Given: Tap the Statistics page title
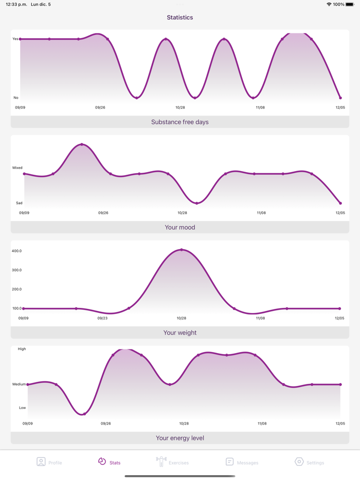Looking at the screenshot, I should tap(180, 17).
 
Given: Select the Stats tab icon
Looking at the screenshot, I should tap(102, 461).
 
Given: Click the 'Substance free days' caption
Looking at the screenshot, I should tap(180, 122).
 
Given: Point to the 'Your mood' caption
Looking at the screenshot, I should tap(180, 227).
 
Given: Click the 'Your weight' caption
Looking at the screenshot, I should tap(180, 333).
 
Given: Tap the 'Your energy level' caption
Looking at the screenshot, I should tap(180, 438).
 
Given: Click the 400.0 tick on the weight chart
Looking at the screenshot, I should tap(17, 251).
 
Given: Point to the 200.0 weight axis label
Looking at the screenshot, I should tap(17, 289).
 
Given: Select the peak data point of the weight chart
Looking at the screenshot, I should tap(182, 250).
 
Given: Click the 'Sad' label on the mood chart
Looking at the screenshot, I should tap(19, 203).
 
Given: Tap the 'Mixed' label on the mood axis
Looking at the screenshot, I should tap(17, 168).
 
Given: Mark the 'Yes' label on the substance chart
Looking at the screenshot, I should tap(15, 39).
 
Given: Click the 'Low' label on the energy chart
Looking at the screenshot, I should tap(23, 408).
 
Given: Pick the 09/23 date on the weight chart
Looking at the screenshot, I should tap(102, 318).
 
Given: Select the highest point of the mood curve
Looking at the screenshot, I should tap(82, 144).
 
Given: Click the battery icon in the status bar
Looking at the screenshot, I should tap(350, 5).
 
